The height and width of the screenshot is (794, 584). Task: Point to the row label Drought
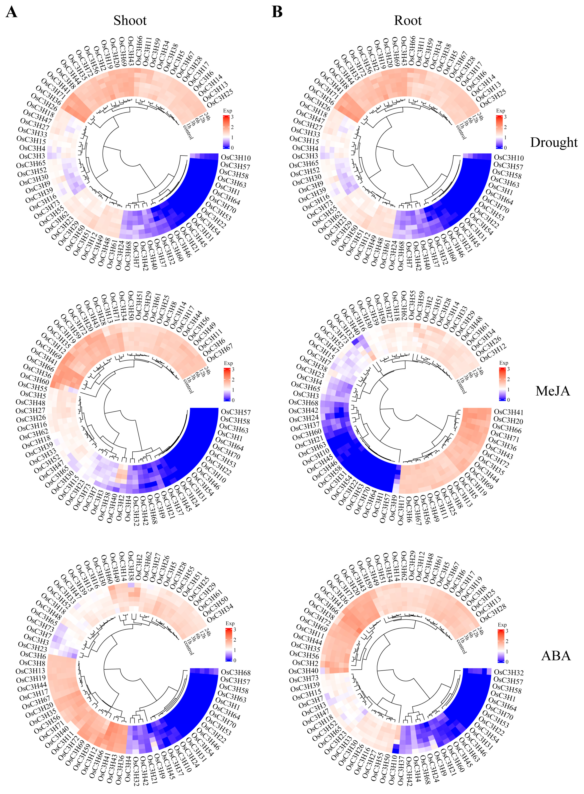point(554,142)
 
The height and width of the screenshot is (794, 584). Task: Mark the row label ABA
point(556,656)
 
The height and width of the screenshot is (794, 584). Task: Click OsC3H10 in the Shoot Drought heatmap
point(236,158)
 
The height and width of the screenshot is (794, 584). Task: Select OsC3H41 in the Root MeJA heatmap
point(508,412)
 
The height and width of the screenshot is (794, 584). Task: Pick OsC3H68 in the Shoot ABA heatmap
point(236,672)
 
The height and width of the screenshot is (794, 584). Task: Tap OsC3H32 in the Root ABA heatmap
point(508,672)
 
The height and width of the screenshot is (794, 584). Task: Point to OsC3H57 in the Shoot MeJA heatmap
point(236,412)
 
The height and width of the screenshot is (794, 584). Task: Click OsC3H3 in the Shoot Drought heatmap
point(32,156)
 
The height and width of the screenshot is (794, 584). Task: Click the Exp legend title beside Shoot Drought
point(228,111)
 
